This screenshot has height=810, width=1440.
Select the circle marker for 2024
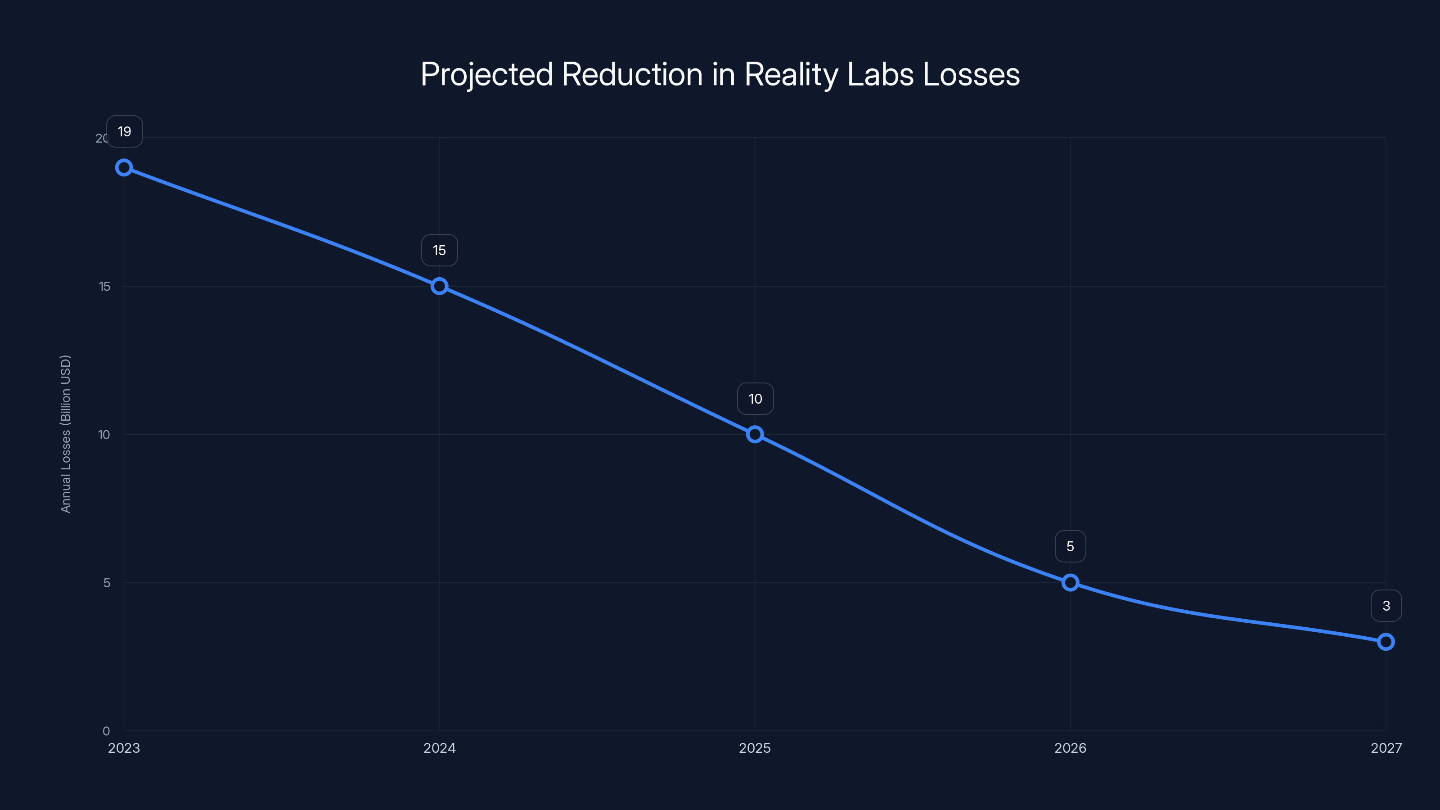point(439,286)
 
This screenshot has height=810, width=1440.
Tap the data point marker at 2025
point(755,434)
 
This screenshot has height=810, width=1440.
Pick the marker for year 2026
point(1070,582)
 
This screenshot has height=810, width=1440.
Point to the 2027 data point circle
point(1386,642)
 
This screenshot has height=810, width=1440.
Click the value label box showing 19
point(125,131)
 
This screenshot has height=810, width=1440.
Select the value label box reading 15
point(439,251)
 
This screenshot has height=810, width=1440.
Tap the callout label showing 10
point(755,399)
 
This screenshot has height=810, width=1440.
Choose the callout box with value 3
point(1386,605)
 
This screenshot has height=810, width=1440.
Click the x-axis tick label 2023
point(124,748)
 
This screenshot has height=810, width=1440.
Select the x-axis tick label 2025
point(755,748)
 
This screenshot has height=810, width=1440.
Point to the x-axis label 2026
point(1070,748)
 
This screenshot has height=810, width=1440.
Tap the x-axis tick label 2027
point(1386,748)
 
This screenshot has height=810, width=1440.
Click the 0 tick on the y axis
point(106,731)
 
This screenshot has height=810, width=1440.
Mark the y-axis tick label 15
point(104,286)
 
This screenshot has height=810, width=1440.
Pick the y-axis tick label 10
point(104,434)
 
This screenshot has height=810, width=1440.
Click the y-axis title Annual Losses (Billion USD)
point(65,434)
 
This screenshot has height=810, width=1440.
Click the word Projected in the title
point(486,74)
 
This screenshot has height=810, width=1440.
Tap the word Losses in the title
point(971,74)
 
